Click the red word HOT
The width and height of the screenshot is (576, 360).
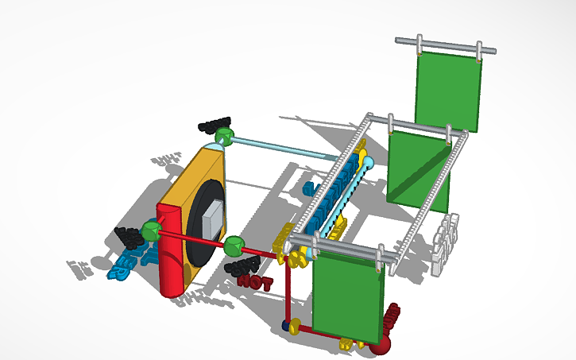(255, 280)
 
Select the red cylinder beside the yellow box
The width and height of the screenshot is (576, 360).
(171, 250)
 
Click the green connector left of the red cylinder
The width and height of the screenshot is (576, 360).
(152, 230)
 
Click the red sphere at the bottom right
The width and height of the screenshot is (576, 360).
(381, 339)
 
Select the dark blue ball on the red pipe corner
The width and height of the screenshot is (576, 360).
(287, 324)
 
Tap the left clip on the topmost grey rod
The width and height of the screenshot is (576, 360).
(420, 45)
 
